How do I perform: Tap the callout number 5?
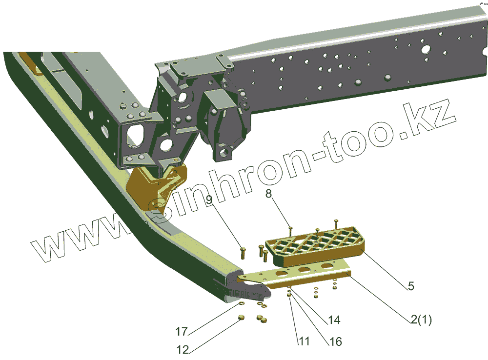tap(411, 287)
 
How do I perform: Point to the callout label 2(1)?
tap(421, 320)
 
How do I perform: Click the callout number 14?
tap(334, 320)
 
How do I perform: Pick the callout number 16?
tap(335, 341)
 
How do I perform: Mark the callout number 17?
tap(182, 332)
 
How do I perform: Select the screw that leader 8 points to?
tap(291, 227)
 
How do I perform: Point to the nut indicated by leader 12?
tap(241, 319)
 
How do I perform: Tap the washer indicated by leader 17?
tap(242, 303)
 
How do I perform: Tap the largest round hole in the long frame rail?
tap(426, 48)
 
